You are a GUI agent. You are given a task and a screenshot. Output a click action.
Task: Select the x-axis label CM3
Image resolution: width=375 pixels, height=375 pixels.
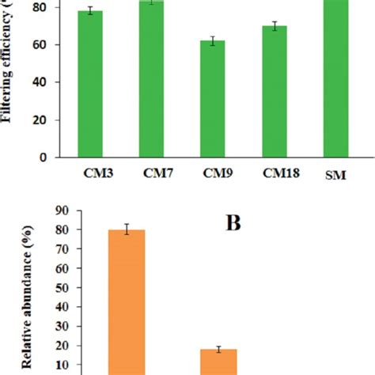point(96,172)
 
